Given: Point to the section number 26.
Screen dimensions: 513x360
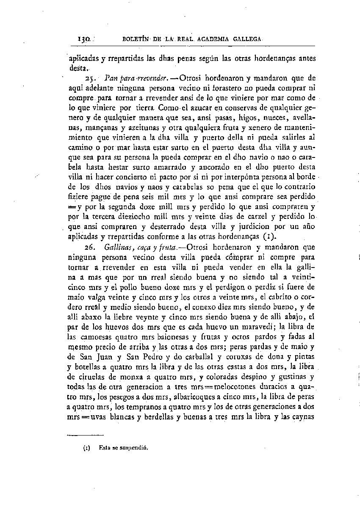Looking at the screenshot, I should [89, 247].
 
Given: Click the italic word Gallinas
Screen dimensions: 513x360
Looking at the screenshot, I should [116, 247].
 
